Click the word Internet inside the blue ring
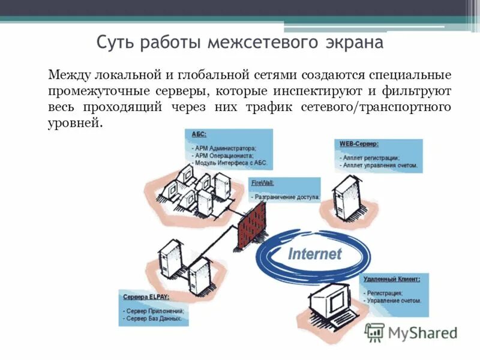(x=314, y=253)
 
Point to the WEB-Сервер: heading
(x=359, y=144)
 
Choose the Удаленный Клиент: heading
(x=391, y=279)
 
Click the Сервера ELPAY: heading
(x=146, y=297)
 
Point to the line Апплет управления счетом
(x=379, y=164)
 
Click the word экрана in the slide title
(x=353, y=43)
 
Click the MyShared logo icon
(x=374, y=332)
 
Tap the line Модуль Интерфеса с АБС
(x=230, y=163)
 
